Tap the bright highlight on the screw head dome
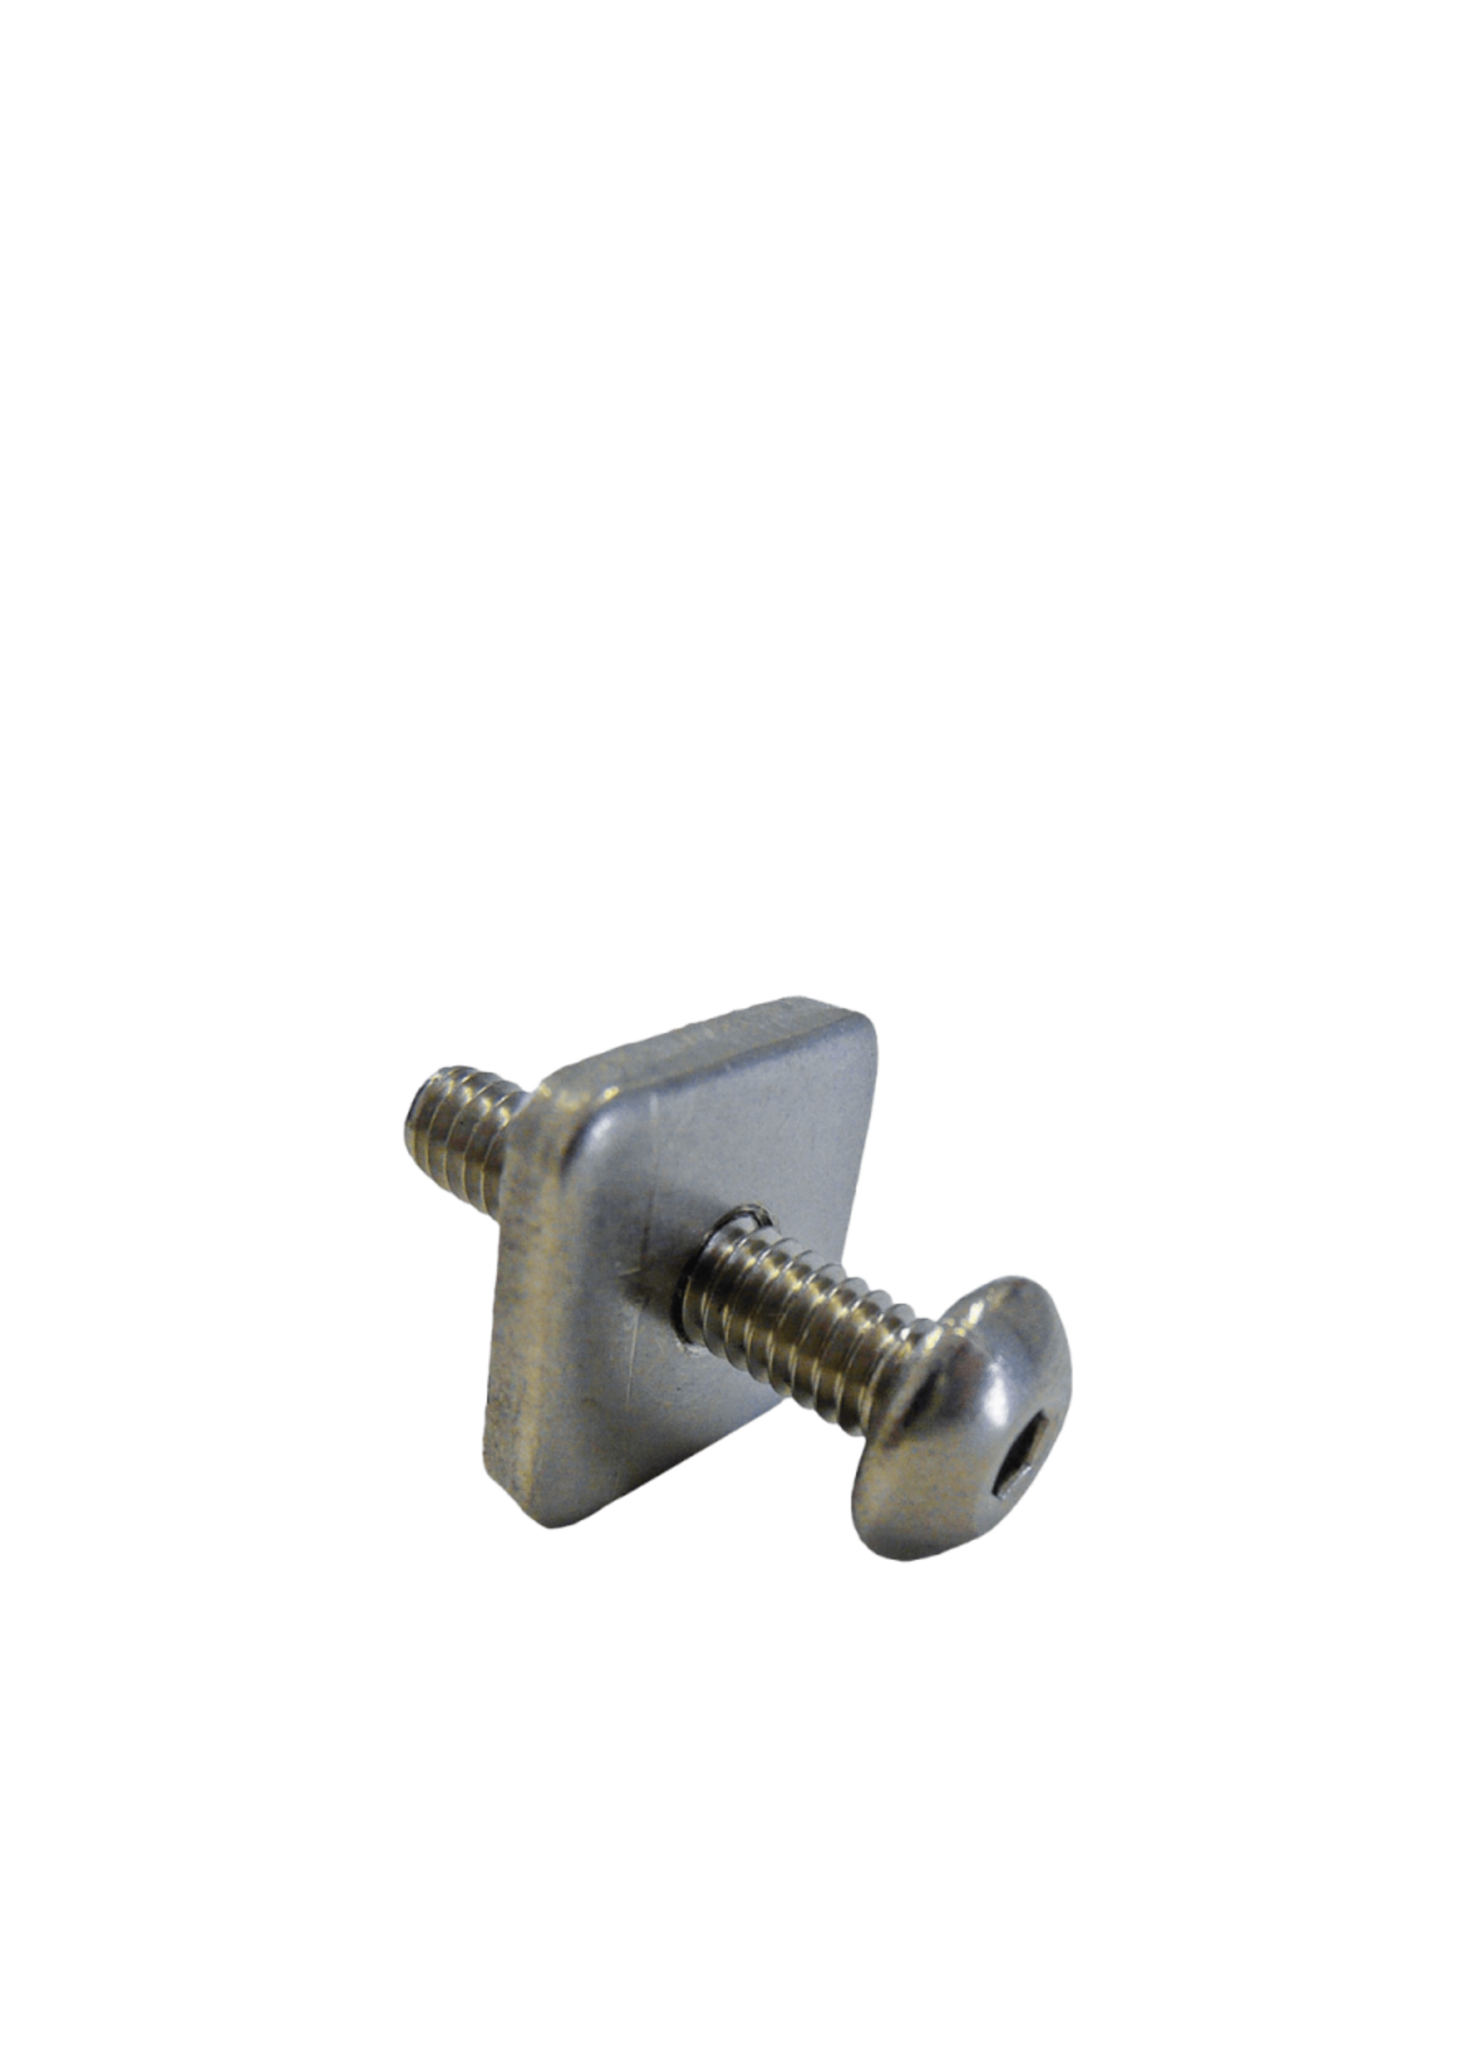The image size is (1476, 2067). (x=1000, y=1364)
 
